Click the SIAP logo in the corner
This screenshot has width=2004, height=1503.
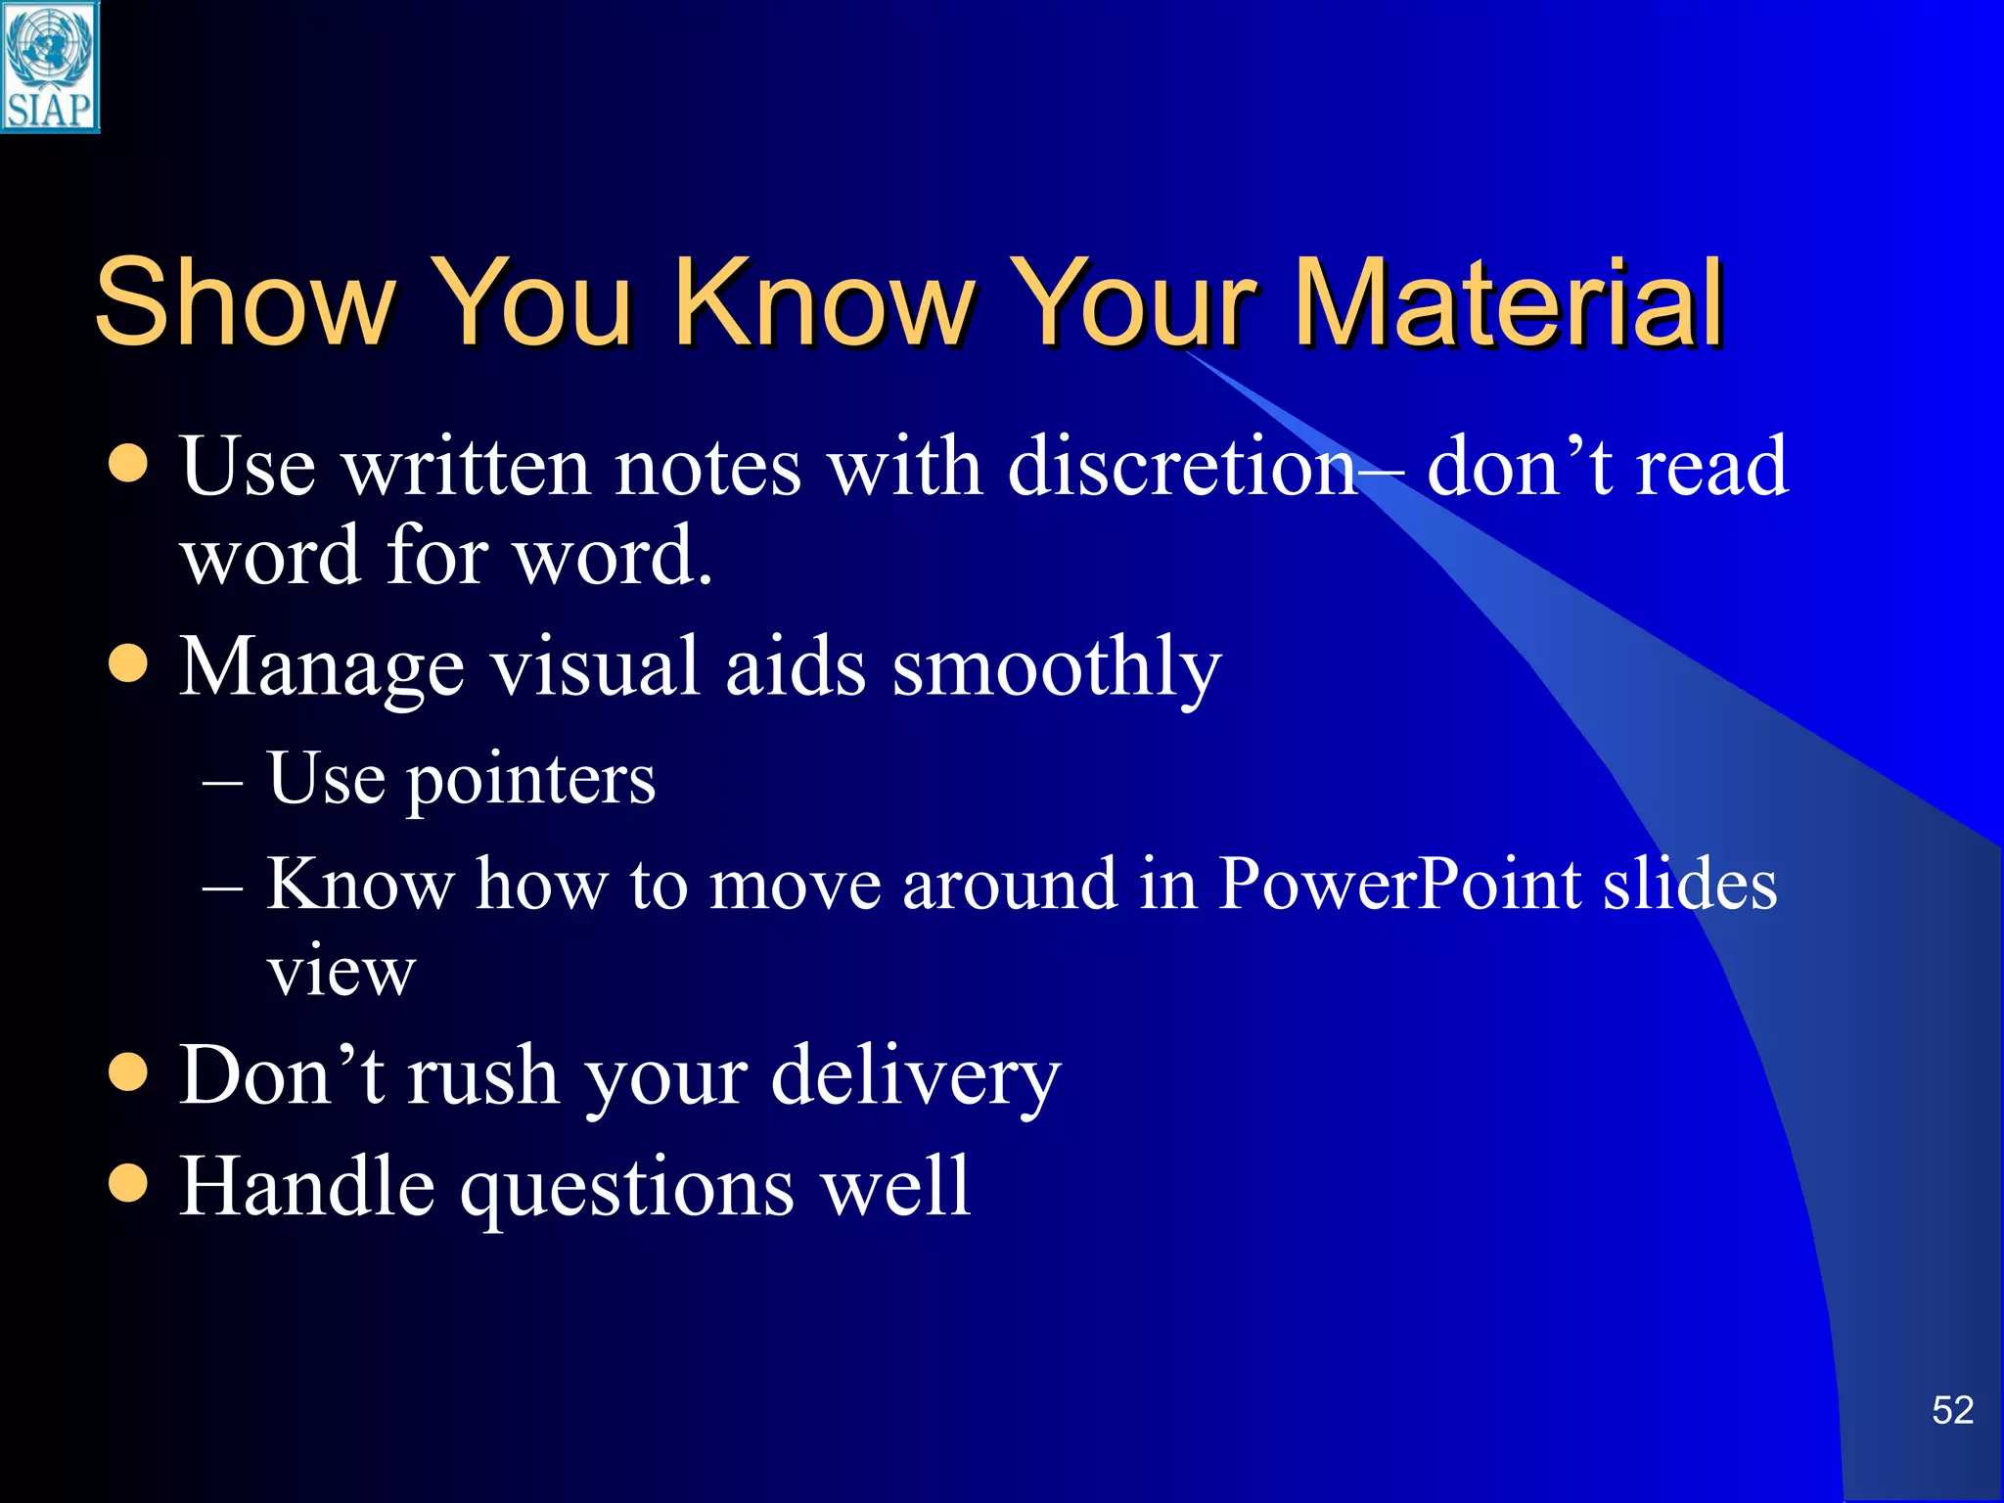(49, 67)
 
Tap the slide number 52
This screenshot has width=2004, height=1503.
(1952, 1411)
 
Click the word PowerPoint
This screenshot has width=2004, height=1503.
(1399, 884)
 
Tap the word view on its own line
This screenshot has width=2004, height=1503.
(342, 972)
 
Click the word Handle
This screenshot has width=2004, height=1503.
(307, 1186)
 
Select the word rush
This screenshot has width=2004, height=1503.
(481, 1075)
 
